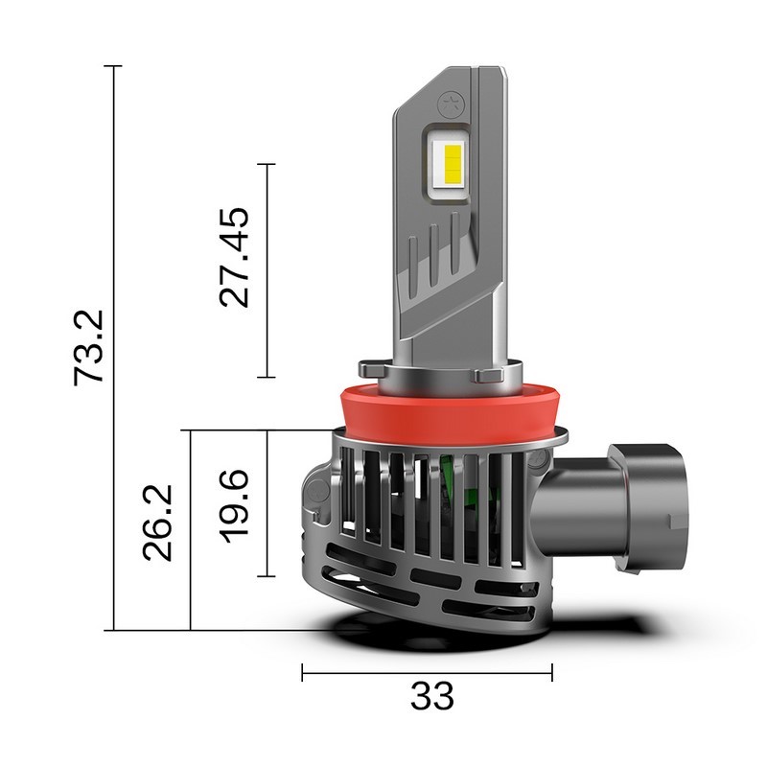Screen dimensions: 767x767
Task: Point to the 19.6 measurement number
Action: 234,504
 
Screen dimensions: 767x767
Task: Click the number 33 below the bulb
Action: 431,696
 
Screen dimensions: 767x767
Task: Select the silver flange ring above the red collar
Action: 440,369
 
